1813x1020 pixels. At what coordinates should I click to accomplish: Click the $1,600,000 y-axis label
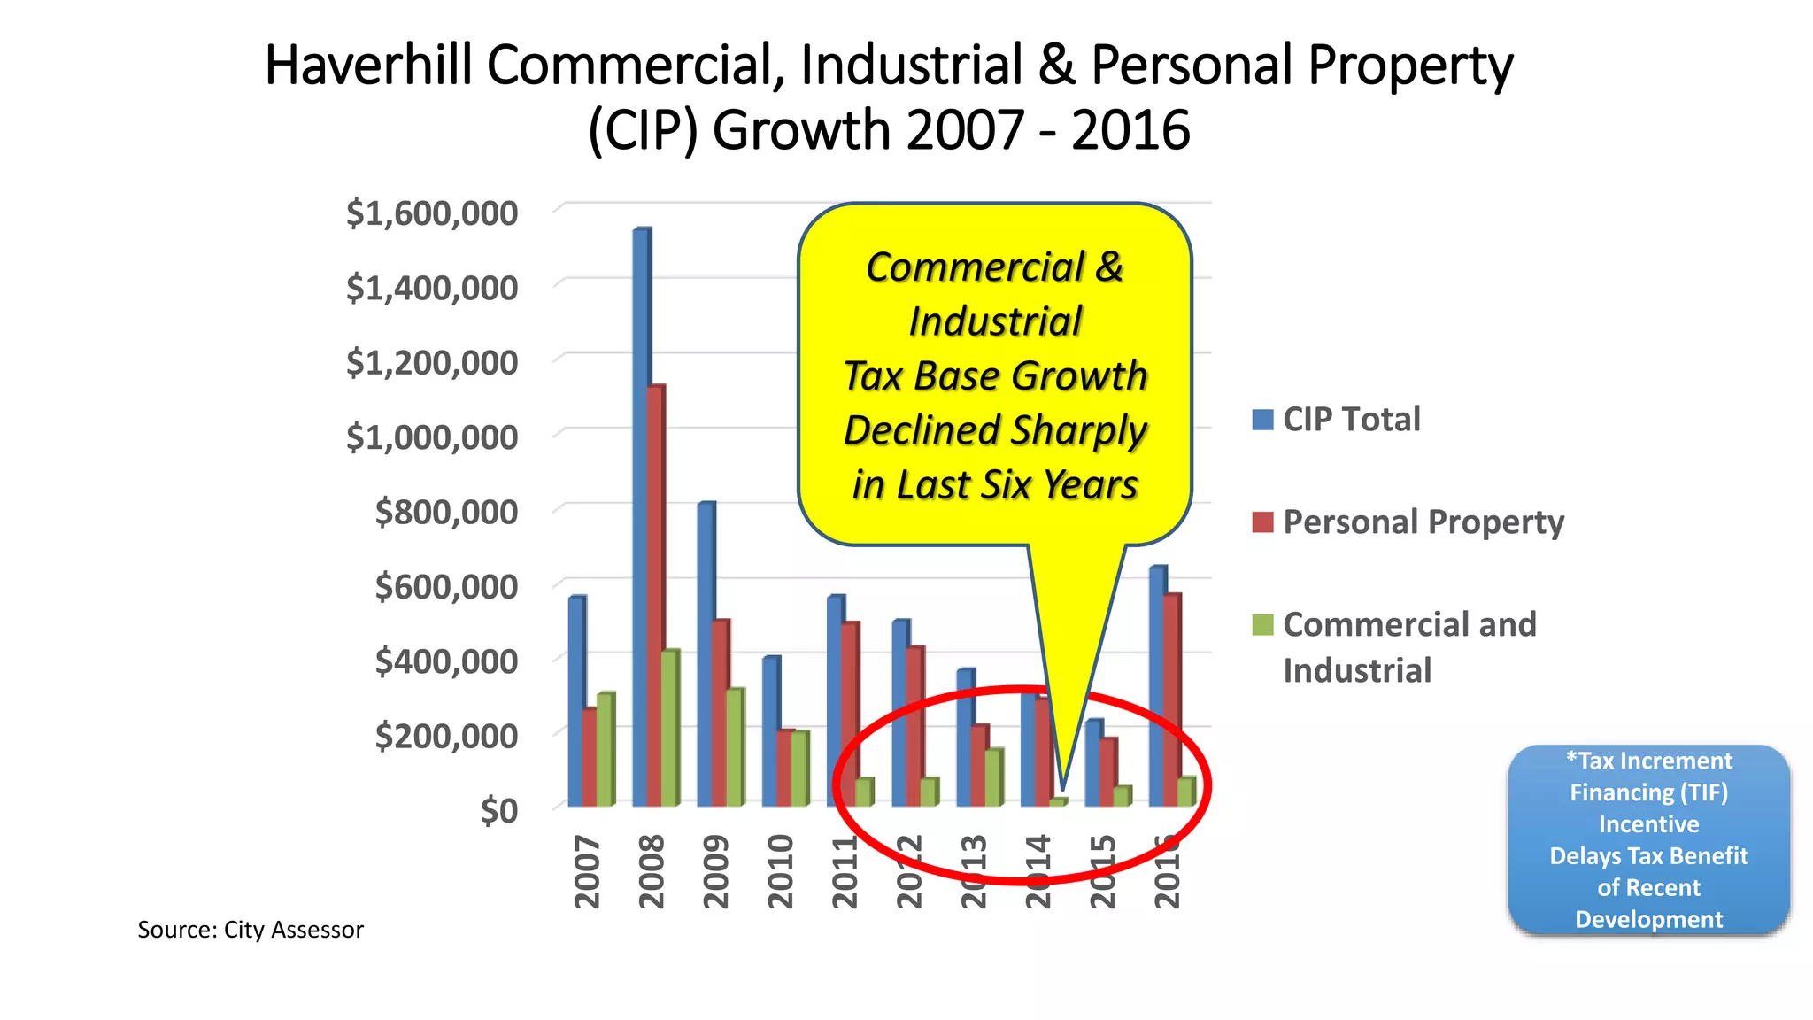(431, 213)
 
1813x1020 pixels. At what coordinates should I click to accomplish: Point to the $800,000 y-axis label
(445, 512)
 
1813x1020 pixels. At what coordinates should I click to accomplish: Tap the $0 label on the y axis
(498, 810)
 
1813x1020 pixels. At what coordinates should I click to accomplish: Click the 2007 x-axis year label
(587, 871)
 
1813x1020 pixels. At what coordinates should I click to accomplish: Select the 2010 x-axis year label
(780, 871)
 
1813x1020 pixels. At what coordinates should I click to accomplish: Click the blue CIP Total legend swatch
(1262, 419)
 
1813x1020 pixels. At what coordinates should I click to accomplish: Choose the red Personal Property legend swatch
(1262, 522)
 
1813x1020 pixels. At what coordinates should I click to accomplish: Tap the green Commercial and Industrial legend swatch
(1262, 624)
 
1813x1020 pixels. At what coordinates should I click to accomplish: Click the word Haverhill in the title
(368, 66)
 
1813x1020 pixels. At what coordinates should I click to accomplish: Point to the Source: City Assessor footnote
(251, 930)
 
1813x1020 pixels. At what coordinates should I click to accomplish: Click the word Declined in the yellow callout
(921, 430)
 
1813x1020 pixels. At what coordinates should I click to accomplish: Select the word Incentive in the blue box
(1648, 824)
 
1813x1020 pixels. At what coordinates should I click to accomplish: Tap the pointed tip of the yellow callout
(1062, 788)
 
